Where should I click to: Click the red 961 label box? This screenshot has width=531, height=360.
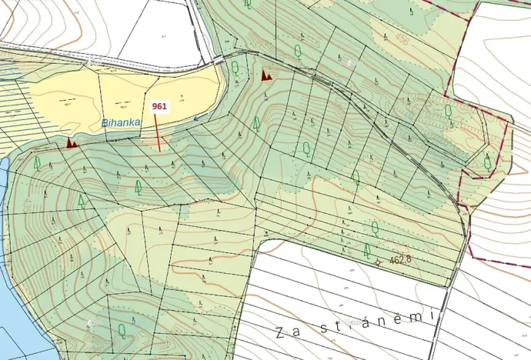pos(159,107)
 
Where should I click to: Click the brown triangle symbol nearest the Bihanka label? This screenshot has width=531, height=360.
pos(72,142)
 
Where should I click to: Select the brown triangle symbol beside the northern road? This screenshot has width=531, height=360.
pos(266,75)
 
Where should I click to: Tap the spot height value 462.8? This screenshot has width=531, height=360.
pos(400,260)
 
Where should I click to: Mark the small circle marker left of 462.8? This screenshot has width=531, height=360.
pos(377,262)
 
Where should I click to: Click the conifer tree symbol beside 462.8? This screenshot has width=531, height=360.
pos(366,250)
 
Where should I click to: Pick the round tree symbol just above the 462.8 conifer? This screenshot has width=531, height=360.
pos(375,228)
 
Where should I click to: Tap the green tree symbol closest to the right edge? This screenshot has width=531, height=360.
pos(487,162)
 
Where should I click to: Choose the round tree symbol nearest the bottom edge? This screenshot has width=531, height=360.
pos(122,331)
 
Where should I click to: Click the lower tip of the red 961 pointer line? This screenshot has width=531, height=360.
pos(159,151)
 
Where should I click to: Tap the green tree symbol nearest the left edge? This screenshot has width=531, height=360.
pos(37,163)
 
